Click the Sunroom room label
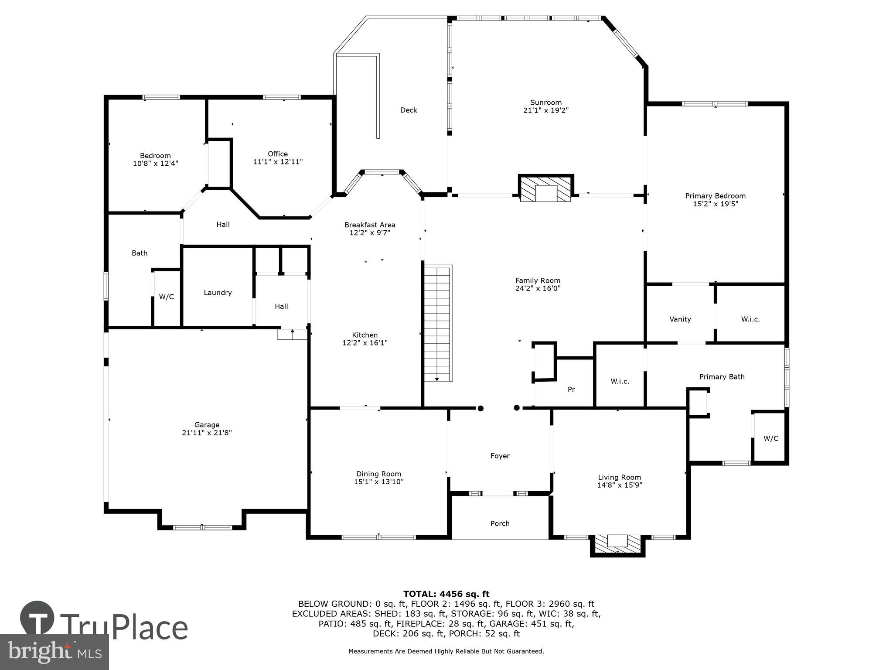tap(545, 103)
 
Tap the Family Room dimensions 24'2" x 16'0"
tap(538, 288)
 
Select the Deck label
tap(409, 110)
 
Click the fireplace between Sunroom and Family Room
tap(546, 188)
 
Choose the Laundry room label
tap(218, 293)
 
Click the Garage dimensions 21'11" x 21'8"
tap(207, 433)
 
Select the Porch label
tap(500, 523)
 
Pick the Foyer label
tap(500, 456)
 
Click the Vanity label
tap(680, 319)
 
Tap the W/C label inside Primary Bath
tap(770, 438)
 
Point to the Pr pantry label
tap(571, 390)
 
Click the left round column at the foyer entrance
tap(481, 408)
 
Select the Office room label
tap(278, 154)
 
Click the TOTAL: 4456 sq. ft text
tap(446, 594)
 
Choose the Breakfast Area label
tap(370, 225)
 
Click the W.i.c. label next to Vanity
tap(750, 319)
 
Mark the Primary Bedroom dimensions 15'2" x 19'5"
tap(715, 204)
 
